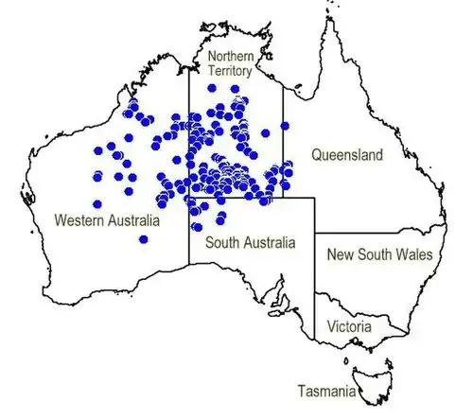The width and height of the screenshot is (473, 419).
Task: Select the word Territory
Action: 232,71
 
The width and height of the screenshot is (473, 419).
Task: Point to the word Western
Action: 79,219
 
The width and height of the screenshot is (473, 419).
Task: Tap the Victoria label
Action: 349,327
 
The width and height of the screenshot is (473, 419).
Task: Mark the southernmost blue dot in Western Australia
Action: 143,240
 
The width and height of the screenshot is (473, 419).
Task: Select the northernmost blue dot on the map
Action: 212,87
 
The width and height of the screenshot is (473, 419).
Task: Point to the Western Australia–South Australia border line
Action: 188,246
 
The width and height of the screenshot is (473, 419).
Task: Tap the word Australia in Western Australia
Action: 131,219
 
